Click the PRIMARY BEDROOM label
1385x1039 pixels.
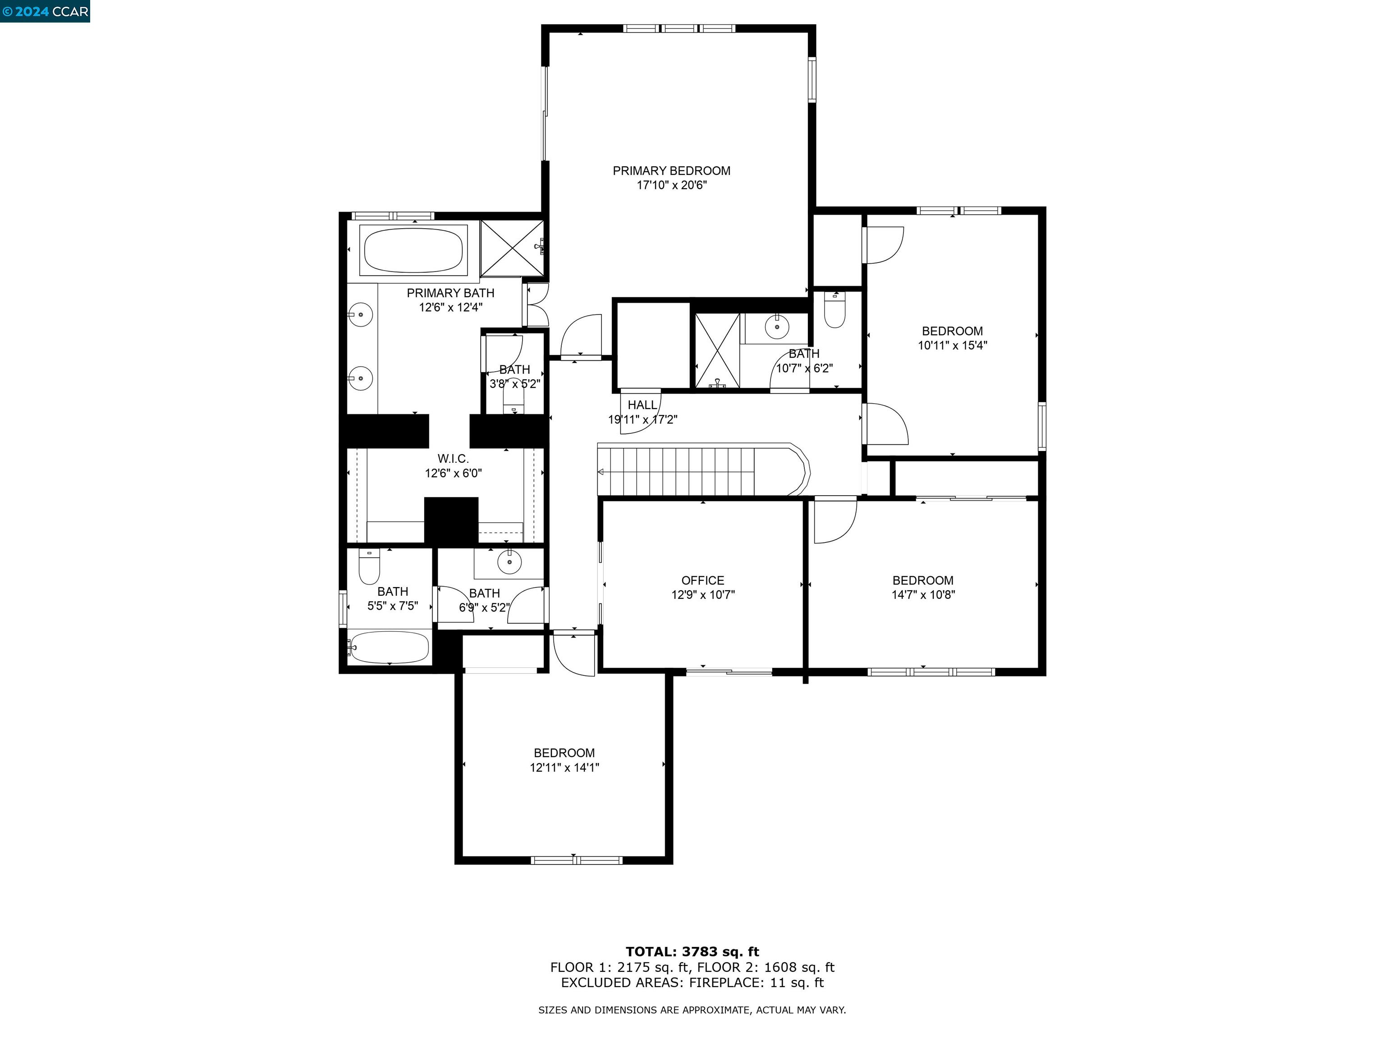coord(671,171)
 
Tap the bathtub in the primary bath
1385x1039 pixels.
coord(413,249)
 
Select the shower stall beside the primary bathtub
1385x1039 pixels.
coord(512,248)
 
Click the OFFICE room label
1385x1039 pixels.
coord(702,580)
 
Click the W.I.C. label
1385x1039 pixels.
coord(453,459)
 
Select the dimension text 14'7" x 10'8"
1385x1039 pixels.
coord(923,595)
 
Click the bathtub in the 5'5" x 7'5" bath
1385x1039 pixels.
coord(389,647)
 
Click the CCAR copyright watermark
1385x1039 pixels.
coord(45,11)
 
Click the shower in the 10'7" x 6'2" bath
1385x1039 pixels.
coord(717,351)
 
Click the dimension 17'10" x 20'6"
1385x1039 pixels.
coord(671,185)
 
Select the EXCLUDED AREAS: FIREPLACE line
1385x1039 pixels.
coord(692,983)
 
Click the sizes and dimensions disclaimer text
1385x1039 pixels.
coord(692,1010)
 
